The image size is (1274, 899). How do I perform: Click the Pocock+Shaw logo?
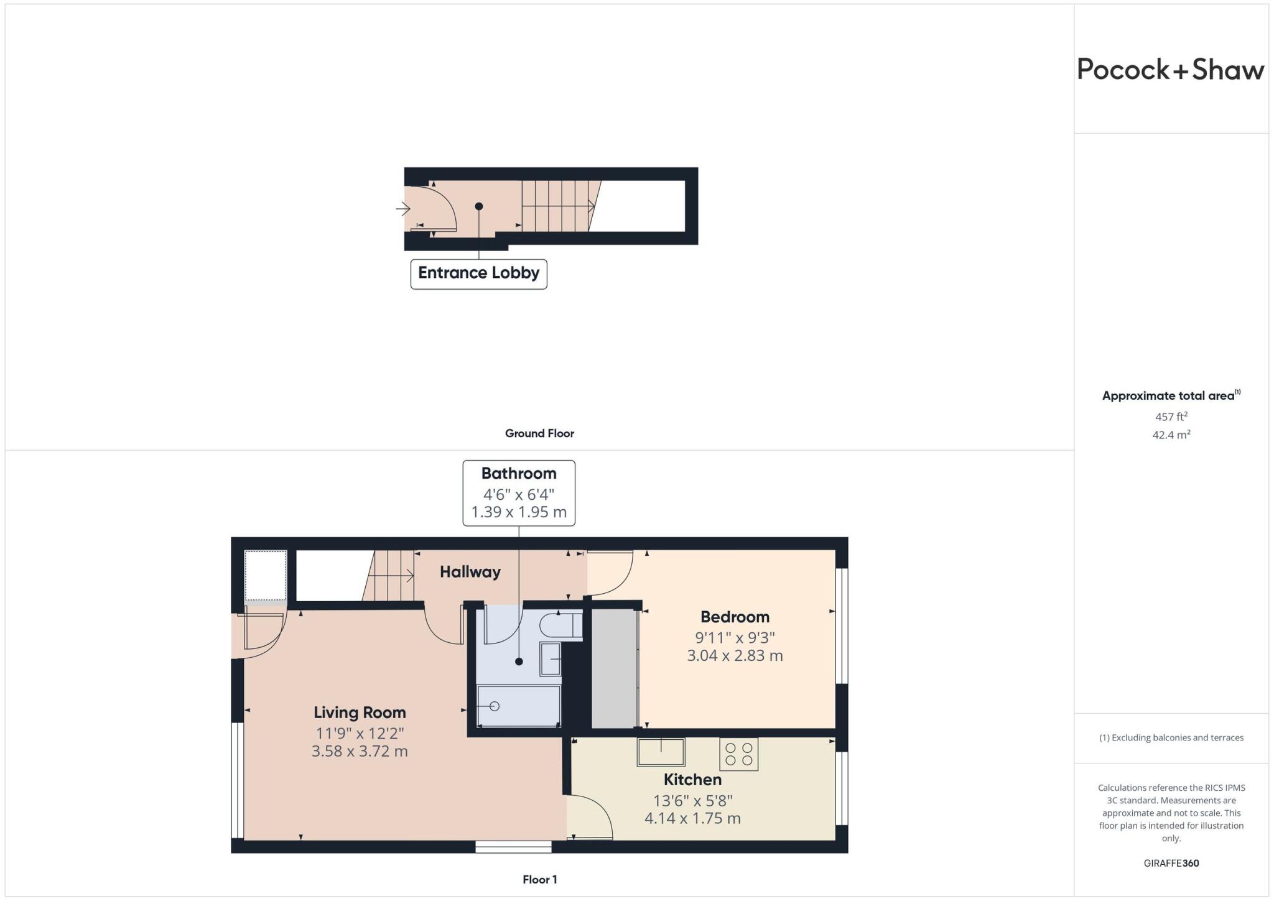point(1170,70)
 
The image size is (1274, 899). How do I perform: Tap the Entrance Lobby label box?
point(478,274)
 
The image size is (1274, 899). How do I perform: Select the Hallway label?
point(470,572)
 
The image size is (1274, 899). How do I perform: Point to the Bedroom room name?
point(735,617)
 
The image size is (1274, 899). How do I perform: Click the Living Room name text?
point(360,712)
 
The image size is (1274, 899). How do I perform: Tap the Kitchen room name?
point(692,780)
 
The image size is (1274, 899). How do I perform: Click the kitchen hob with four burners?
point(738,754)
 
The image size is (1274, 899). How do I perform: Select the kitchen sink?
point(661,752)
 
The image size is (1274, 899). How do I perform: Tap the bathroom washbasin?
point(551,659)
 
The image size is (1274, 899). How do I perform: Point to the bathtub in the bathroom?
point(518,706)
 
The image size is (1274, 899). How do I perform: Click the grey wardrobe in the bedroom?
point(614,668)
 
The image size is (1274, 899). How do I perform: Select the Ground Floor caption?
point(539,433)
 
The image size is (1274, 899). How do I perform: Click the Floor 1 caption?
point(539,880)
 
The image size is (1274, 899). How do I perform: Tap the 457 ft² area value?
point(1171,417)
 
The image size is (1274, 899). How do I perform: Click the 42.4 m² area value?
point(1171,435)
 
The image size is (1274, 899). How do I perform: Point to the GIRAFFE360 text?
point(1171,863)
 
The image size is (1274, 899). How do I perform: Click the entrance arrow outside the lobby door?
point(402,208)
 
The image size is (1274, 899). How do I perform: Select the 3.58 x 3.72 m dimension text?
point(360,751)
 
